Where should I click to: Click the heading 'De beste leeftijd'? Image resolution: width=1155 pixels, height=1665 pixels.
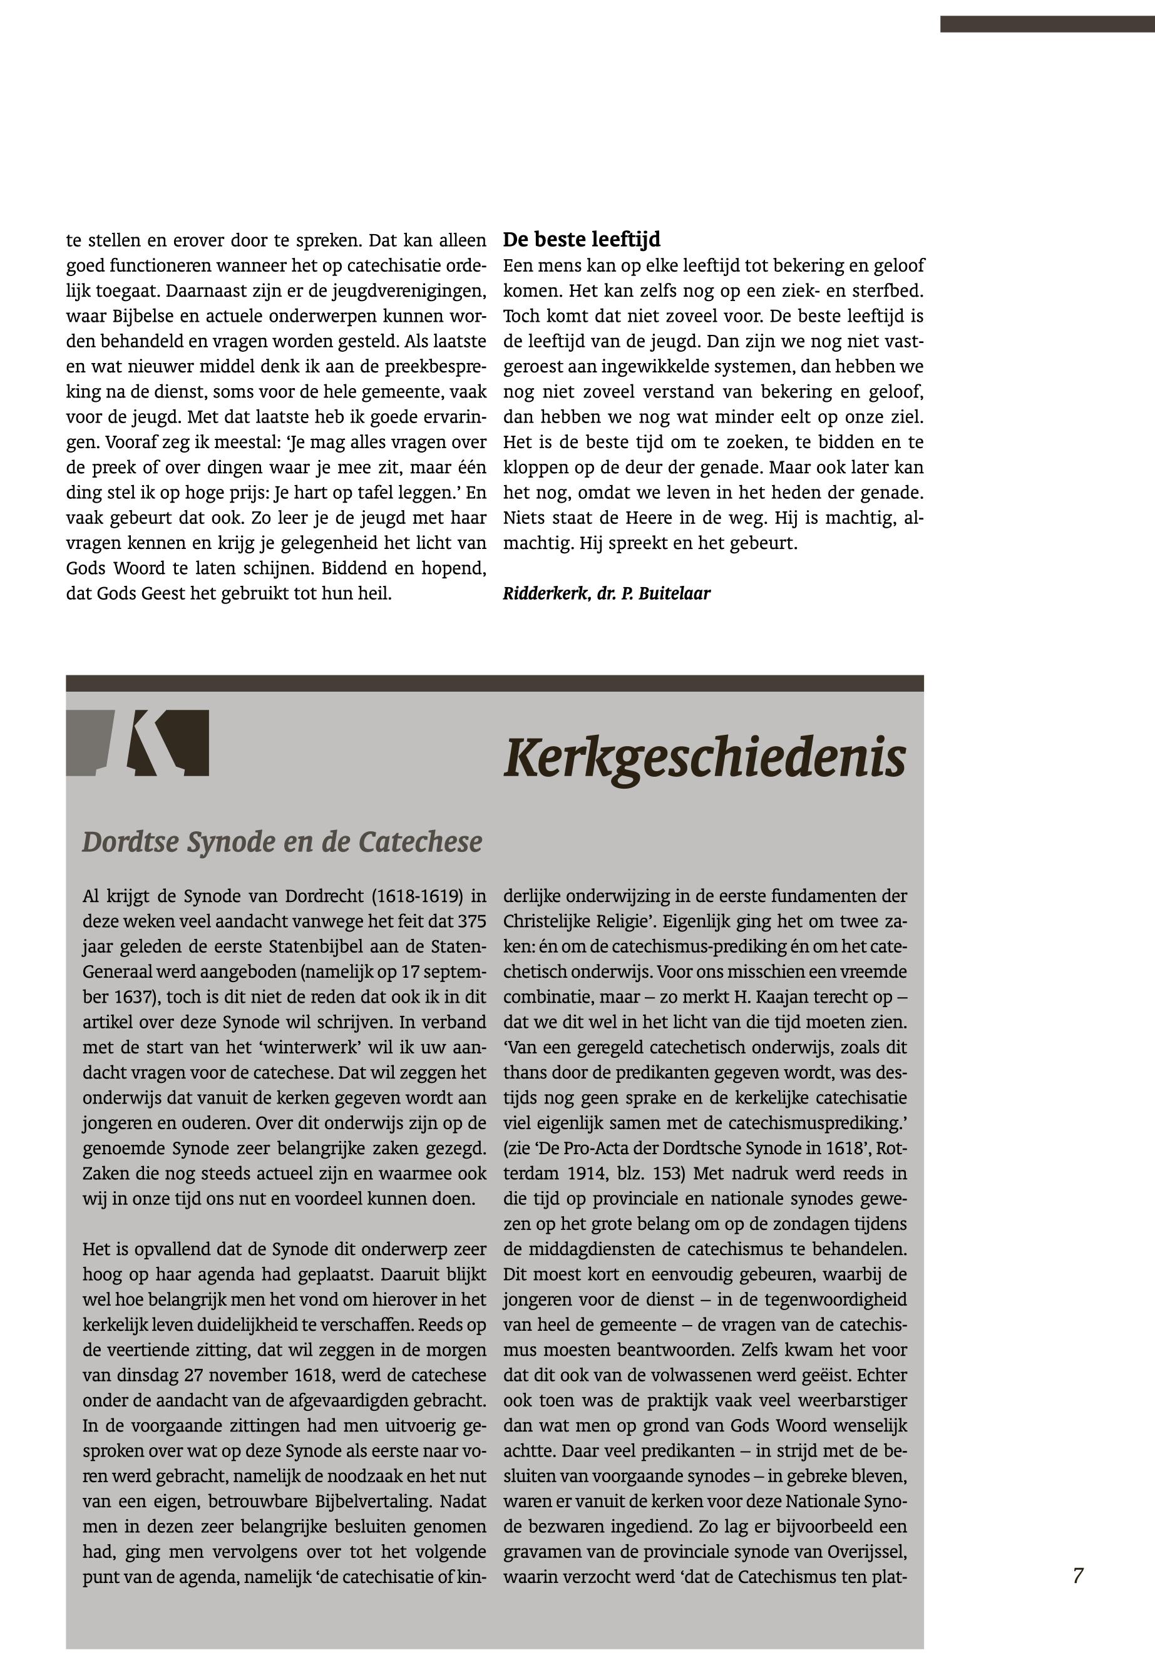coord(581,240)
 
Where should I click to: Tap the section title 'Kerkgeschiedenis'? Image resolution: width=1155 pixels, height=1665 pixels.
coord(704,757)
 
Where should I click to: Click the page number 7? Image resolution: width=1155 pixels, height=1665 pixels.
coord(1077,1575)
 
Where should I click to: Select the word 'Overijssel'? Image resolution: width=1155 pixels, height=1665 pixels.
coord(866,1550)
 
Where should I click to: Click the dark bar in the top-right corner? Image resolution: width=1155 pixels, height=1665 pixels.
coord(1047,24)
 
